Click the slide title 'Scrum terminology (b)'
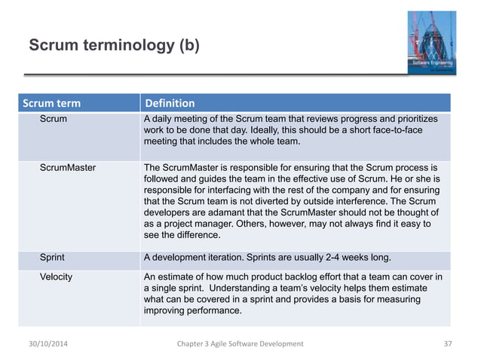click(114, 46)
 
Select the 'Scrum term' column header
click(52, 103)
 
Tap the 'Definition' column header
click(170, 103)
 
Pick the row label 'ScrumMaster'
click(67, 166)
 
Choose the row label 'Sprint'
click(53, 258)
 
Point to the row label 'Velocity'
click(56, 276)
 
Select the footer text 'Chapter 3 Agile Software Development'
click(239, 343)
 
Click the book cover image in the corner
click(428, 41)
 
